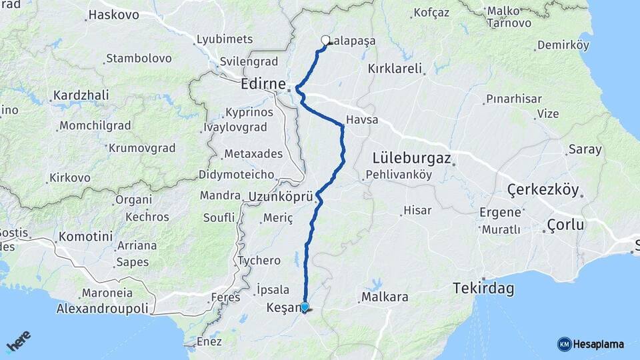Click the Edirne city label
[264, 85]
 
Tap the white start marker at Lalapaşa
[326, 40]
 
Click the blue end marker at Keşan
[305, 307]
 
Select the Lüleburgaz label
[412, 159]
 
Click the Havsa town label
[362, 121]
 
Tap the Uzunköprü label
[281, 197]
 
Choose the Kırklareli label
[395, 68]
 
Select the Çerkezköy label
[543, 190]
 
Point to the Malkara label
[385, 297]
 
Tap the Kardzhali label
[81, 95]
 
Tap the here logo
[18, 343]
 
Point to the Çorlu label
[565, 225]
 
